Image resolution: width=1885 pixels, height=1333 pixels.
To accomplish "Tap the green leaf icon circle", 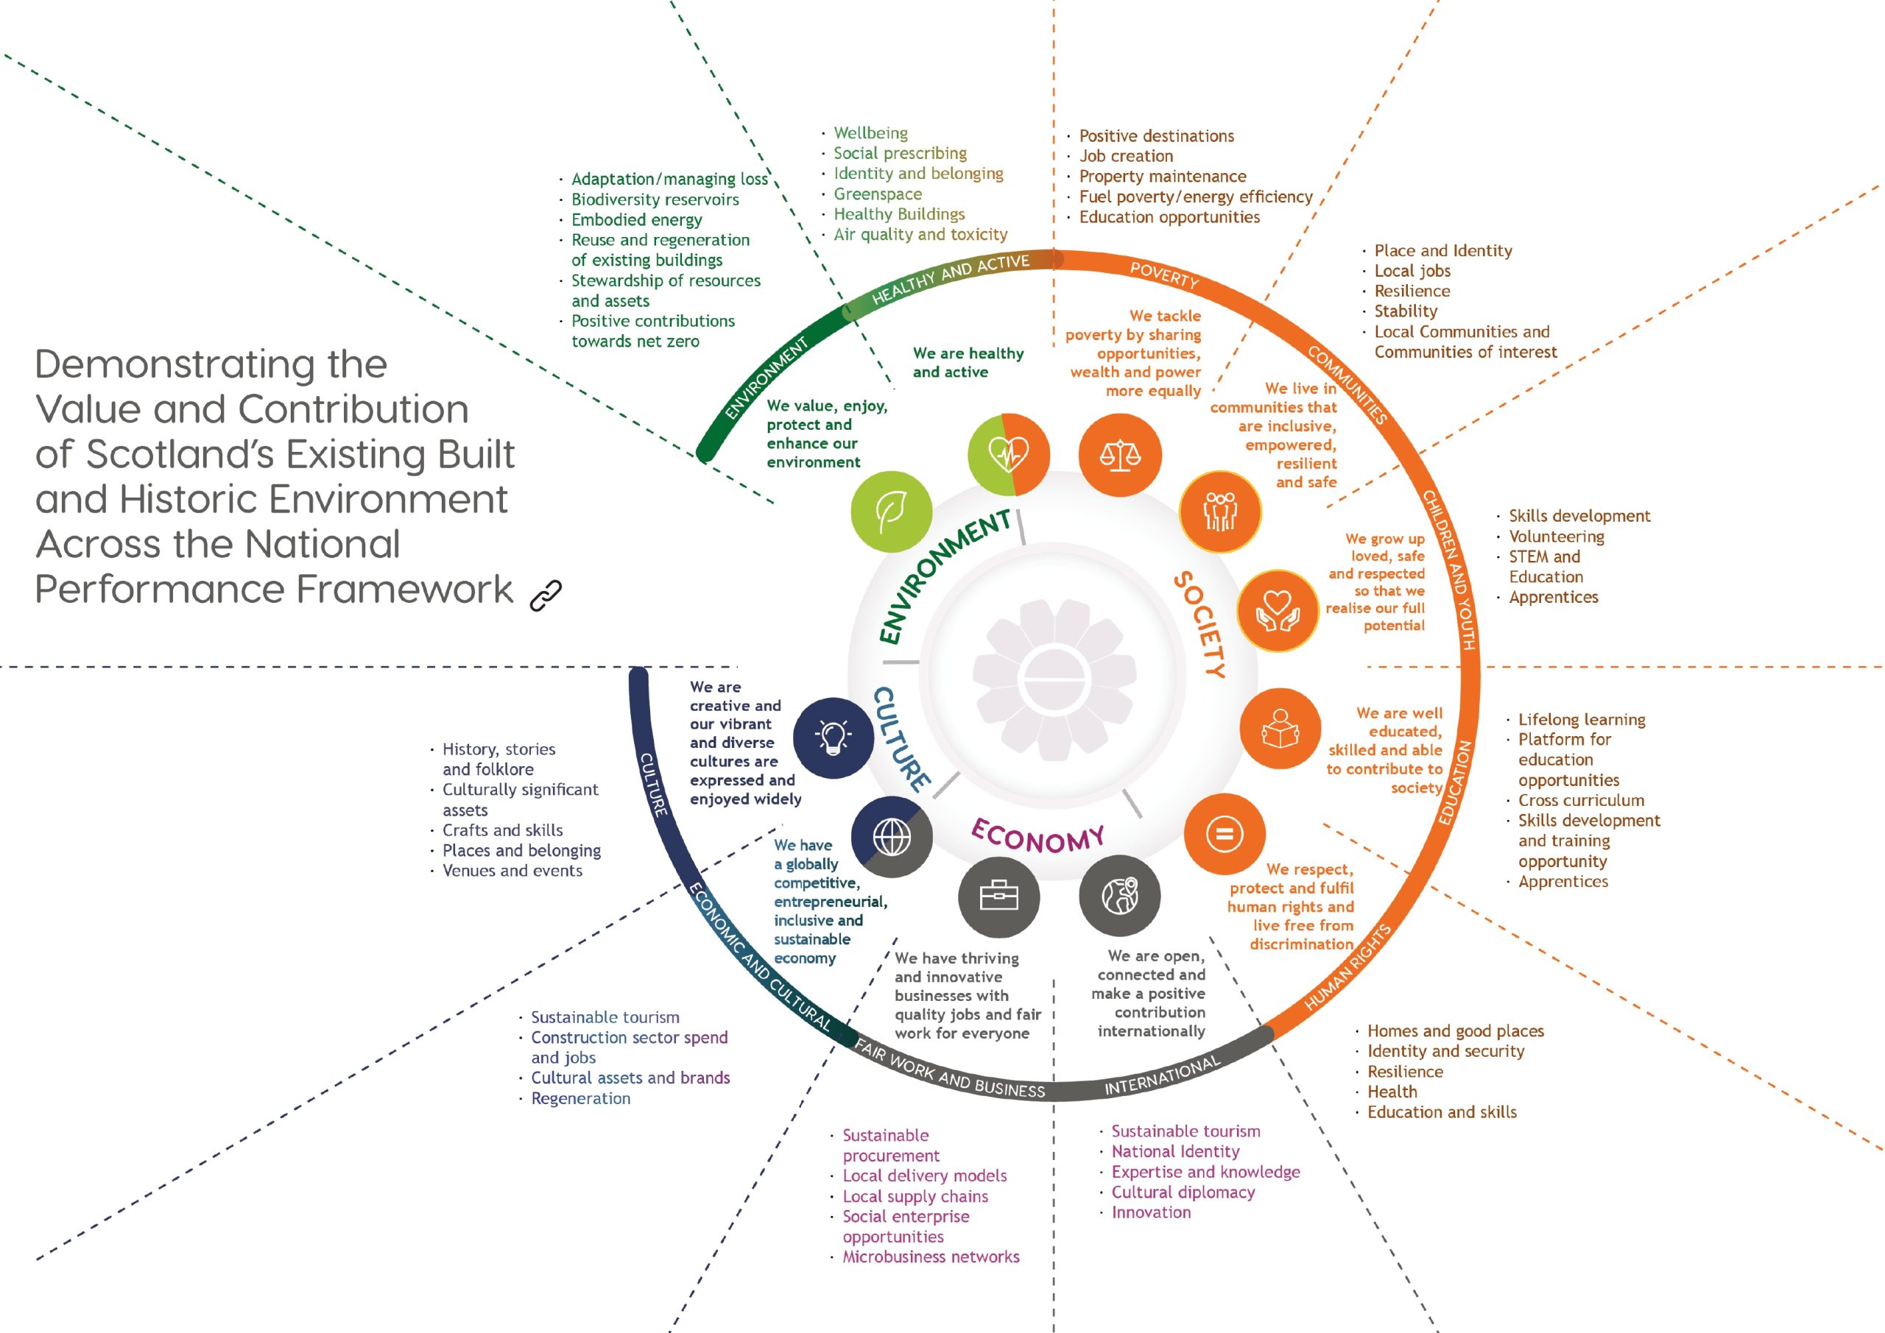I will click(x=892, y=511).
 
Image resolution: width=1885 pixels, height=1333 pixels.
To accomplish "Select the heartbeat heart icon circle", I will click(x=1008, y=454).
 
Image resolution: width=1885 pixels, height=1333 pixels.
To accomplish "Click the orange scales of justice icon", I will click(x=1120, y=455).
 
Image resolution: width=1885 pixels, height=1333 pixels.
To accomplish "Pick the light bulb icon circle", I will click(x=834, y=737).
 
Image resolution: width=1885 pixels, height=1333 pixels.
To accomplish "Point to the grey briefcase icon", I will click(x=998, y=897).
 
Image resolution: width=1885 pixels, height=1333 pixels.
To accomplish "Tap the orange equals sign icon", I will click(x=1224, y=834).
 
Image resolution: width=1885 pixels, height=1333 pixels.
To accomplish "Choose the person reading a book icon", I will click(x=1280, y=728).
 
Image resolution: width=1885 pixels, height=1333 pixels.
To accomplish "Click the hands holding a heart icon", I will click(x=1278, y=611).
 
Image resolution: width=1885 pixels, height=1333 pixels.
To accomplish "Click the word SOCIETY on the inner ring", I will click(x=1200, y=625).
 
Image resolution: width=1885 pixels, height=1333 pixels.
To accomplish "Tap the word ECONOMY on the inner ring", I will click(x=1037, y=837).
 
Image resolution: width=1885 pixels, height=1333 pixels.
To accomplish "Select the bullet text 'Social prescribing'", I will click(x=900, y=154).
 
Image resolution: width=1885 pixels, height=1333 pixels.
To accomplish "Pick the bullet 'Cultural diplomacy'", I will click(x=1183, y=1192).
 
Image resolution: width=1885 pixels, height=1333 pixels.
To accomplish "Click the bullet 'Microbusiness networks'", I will click(x=930, y=1256).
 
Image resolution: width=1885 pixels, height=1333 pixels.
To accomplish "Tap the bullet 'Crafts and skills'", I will click(x=502, y=830).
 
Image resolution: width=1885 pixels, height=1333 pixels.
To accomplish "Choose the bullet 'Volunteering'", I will click(x=1556, y=536).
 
